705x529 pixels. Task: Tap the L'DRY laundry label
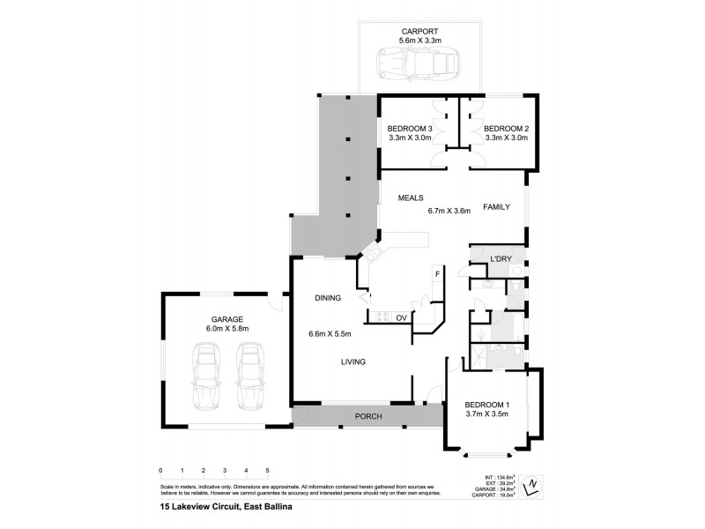501,258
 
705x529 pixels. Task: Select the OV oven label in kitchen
400,317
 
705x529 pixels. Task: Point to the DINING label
328,299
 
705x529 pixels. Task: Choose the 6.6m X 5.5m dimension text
330,334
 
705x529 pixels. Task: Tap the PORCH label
367,416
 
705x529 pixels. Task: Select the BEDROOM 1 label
487,405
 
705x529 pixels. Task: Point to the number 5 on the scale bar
267,471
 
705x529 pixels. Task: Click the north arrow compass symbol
531,485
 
